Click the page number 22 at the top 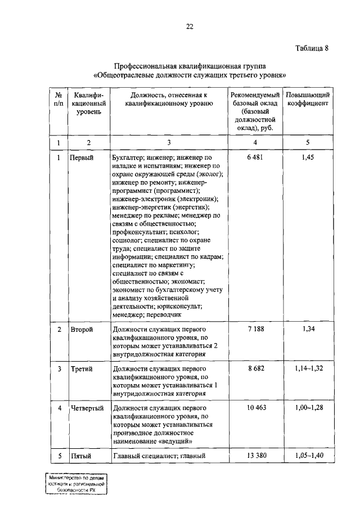(190, 26)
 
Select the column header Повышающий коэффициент (307, 100)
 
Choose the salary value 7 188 (255, 328)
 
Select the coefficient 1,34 (307, 328)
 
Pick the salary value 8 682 (255, 368)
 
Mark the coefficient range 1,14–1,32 (307, 368)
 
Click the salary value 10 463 (255, 407)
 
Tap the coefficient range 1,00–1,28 (307, 407)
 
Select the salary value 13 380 (255, 456)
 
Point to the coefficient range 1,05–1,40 (307, 456)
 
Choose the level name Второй (82, 329)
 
